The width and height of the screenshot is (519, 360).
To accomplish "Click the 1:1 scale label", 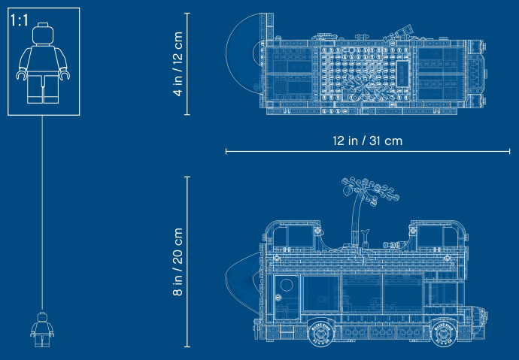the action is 20,20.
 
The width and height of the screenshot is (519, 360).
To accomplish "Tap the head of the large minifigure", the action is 43,33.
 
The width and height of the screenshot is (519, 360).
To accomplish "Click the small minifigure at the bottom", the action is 42,329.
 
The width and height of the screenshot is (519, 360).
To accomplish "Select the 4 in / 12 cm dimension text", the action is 178,64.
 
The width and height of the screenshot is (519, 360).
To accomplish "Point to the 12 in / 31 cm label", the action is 367,141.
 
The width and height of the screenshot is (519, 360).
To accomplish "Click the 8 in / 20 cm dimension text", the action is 178,262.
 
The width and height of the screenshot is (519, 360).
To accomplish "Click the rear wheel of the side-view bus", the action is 320,332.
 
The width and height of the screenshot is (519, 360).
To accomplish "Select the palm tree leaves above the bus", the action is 370,191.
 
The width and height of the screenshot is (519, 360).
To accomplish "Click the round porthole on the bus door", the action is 287,285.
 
